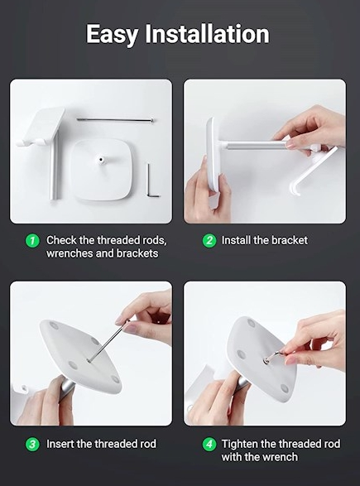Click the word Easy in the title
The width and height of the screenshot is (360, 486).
[x=112, y=35]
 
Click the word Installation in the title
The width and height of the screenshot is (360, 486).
[x=207, y=33]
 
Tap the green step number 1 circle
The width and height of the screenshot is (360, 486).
[x=32, y=241]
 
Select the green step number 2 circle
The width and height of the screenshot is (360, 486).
[x=209, y=241]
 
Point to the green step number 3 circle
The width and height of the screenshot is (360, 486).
[x=32, y=444]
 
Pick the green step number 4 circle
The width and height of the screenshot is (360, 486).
[x=209, y=444]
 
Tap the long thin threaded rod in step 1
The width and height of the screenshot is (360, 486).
[x=115, y=120]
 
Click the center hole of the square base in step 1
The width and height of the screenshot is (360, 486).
[x=101, y=160]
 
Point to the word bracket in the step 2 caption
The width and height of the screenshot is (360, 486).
[x=290, y=241]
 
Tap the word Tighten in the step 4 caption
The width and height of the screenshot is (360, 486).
[x=240, y=444]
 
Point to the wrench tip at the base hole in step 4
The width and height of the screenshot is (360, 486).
[x=266, y=360]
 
